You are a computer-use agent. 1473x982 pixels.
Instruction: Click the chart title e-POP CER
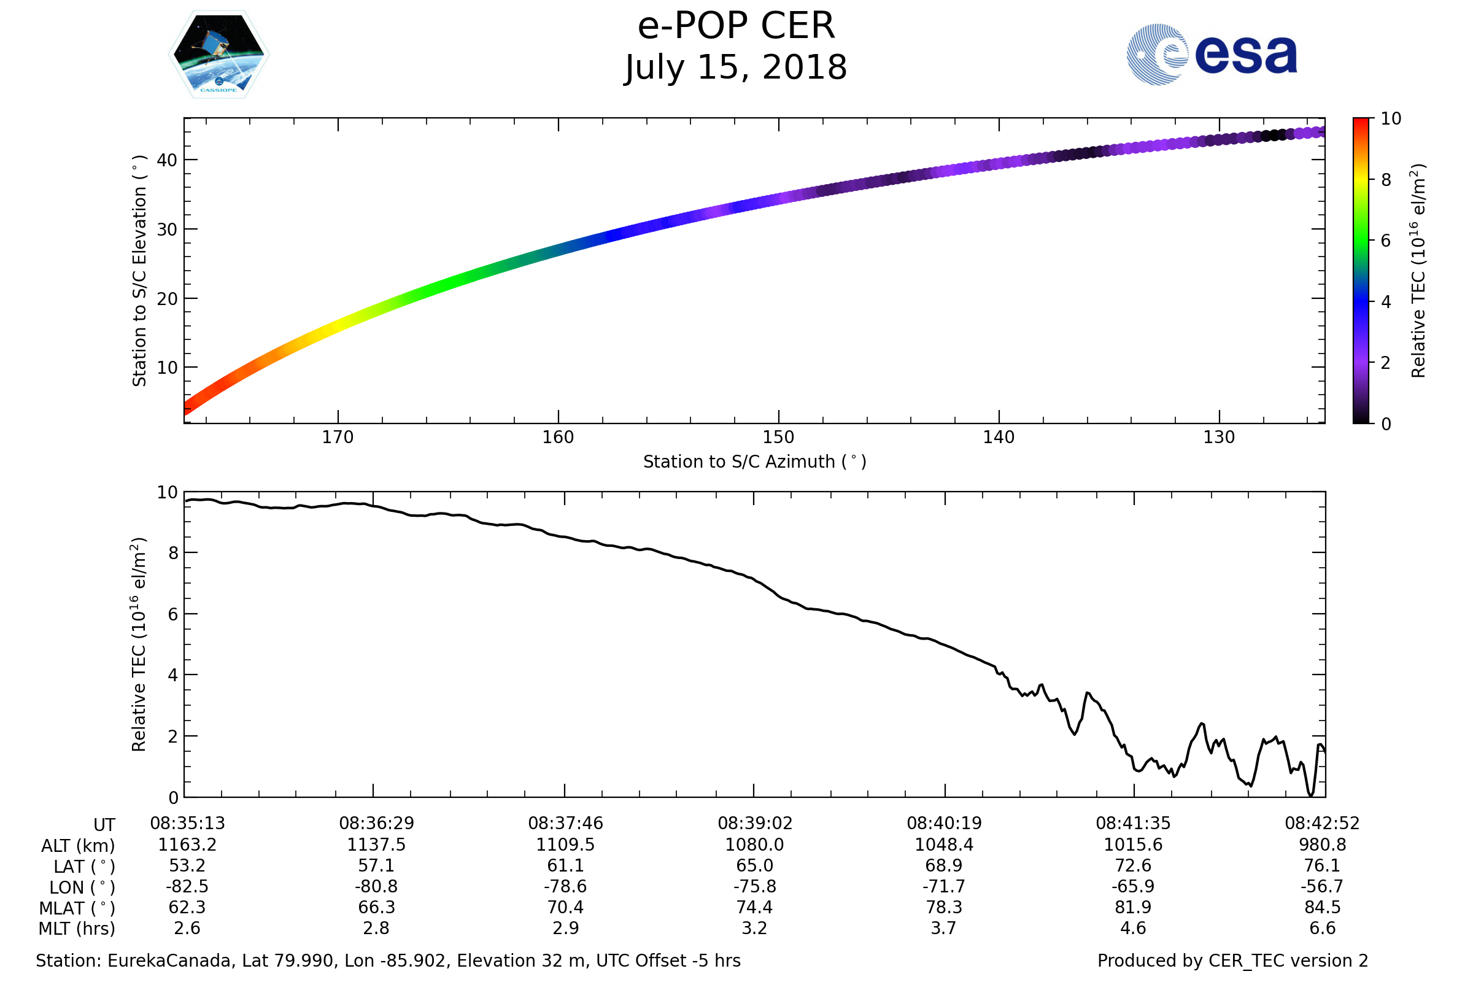[736, 26]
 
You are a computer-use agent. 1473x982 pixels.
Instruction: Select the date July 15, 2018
[736, 67]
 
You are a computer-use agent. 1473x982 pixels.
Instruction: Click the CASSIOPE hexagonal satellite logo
[218, 55]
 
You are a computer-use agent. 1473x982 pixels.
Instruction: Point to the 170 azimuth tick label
[338, 437]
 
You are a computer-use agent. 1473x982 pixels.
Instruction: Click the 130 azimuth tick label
[1219, 437]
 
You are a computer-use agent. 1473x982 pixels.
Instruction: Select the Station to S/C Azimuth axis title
[755, 462]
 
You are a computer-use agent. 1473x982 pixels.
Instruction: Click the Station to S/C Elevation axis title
[139, 271]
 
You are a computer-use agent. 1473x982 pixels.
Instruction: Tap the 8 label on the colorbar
[1386, 180]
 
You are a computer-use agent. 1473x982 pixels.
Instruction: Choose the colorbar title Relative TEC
[1418, 271]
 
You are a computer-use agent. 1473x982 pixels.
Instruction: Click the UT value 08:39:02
[755, 824]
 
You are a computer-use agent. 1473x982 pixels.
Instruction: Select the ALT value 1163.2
[187, 845]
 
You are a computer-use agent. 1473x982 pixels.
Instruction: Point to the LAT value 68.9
[944, 865]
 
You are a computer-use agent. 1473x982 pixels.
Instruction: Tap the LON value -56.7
[1322, 887]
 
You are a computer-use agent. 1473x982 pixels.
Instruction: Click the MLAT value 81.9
[1133, 908]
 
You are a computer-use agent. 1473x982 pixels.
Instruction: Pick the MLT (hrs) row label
[77, 929]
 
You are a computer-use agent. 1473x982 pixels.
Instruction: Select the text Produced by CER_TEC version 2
[1232, 961]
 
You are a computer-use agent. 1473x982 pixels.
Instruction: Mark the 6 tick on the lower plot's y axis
[173, 614]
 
